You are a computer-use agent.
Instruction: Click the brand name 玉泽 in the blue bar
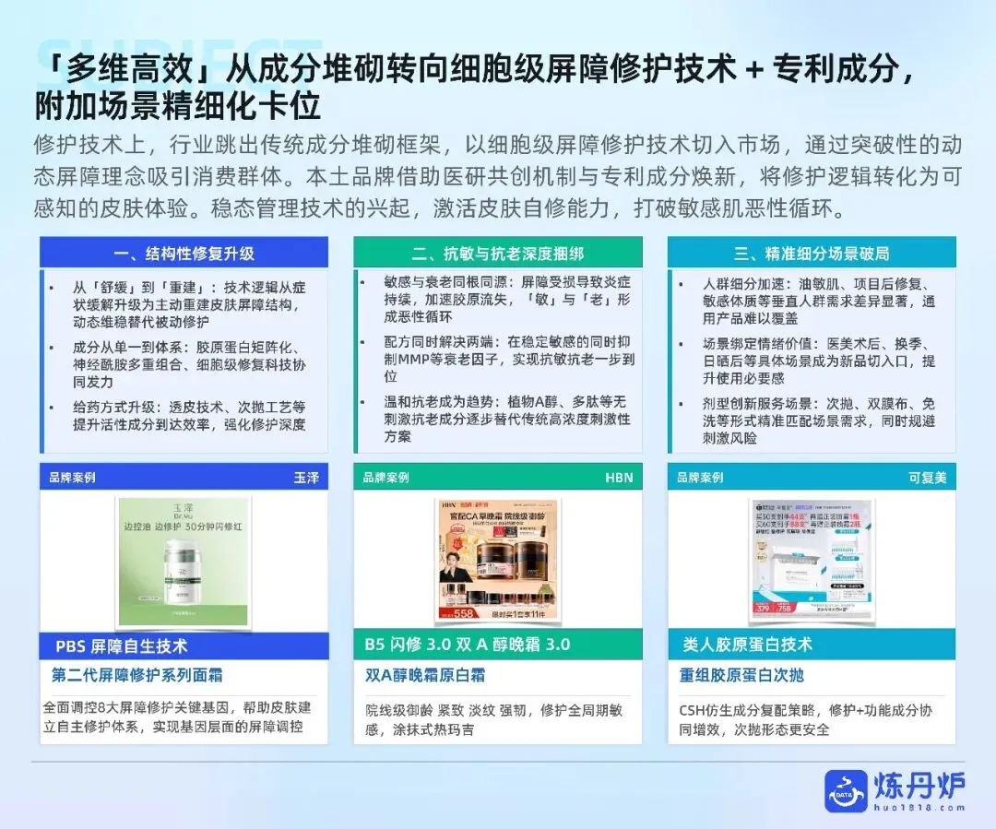click(306, 478)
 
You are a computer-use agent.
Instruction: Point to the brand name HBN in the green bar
click(619, 478)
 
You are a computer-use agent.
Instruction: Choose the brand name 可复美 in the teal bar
click(927, 478)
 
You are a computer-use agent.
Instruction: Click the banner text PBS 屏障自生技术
click(122, 645)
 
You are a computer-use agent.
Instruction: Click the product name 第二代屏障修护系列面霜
click(136, 675)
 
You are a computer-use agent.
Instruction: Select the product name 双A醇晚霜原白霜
click(425, 675)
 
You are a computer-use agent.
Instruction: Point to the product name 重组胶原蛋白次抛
click(741, 675)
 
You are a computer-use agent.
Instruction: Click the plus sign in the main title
click(754, 69)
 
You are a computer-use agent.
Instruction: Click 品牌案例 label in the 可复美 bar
click(700, 478)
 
